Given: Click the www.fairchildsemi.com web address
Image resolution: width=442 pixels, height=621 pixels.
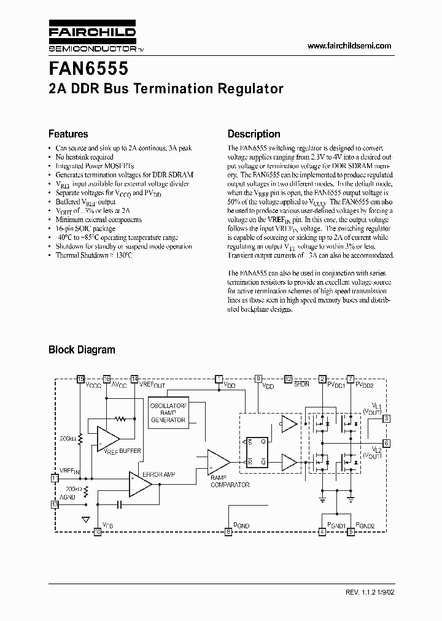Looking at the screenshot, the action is coord(349,46).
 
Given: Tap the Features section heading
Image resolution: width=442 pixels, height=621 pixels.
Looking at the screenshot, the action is coord(68,134).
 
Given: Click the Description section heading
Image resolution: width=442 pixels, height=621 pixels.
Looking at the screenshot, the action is coord(254,134).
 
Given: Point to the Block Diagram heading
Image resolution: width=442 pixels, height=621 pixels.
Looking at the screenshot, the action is coord(82,350).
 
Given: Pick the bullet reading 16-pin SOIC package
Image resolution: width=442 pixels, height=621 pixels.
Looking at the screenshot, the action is coord(85,228).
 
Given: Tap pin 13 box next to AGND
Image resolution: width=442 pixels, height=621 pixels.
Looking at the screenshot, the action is coord(54,504).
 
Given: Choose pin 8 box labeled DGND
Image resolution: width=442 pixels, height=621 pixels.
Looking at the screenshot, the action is coord(228,533).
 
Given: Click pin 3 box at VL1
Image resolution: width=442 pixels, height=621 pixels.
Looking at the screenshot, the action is coord(386,418).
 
